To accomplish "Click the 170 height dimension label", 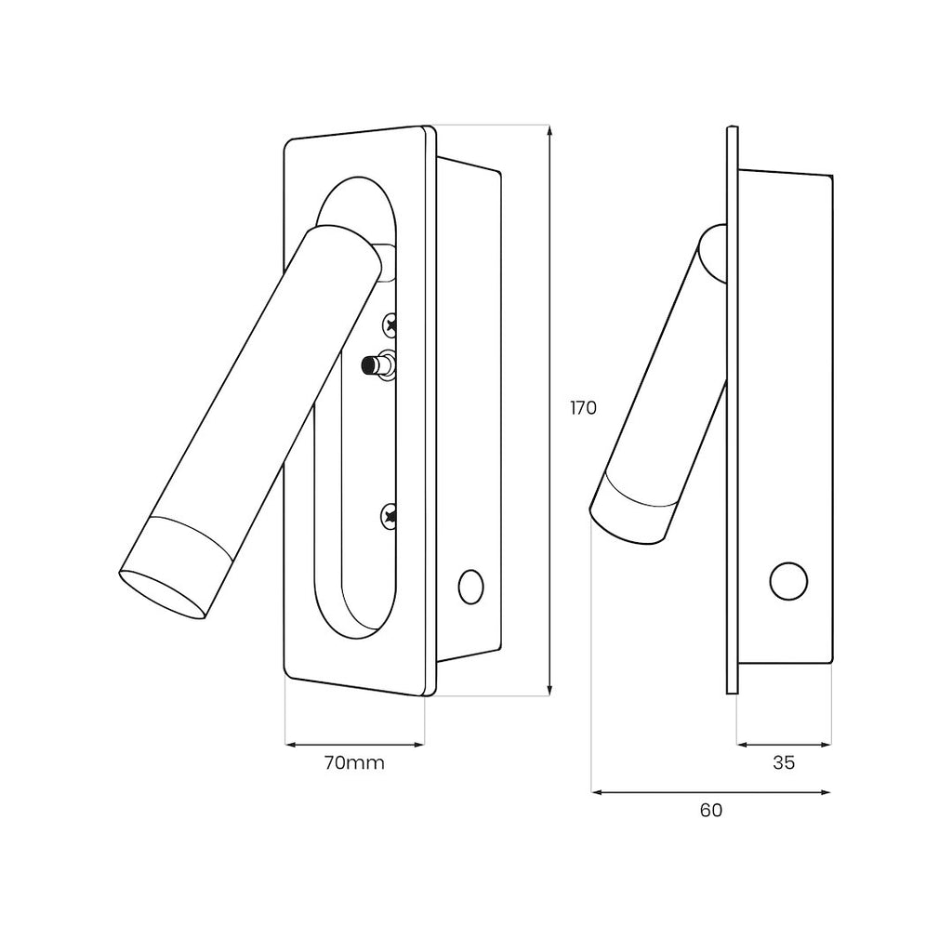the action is tap(584, 408).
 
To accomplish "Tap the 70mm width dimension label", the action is tap(354, 762).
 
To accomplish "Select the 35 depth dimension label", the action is tap(784, 762).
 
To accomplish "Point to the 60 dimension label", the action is tap(711, 810).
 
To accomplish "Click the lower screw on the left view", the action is tap(390, 517).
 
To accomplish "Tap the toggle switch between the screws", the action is tap(378, 365).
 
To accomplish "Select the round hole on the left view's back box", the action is tap(470, 588).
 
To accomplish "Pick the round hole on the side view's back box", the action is tap(788, 581).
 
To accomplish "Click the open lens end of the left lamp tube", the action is tap(162, 594).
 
